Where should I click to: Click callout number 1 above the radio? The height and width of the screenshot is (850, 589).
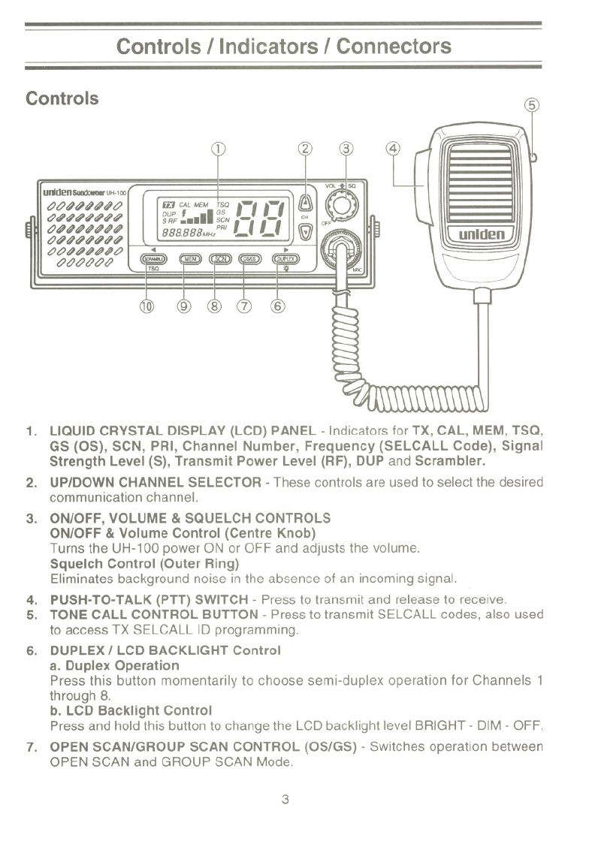[218, 148]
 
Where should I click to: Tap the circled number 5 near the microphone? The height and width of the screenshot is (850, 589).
[532, 105]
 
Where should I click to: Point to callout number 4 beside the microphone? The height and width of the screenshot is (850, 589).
[393, 148]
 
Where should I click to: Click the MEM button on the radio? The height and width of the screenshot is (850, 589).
[189, 259]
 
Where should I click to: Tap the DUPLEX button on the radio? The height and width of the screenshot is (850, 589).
[285, 259]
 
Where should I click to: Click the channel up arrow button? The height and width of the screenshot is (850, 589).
[306, 202]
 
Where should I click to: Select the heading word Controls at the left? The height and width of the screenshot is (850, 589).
[62, 98]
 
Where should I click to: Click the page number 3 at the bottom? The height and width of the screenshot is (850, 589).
[285, 799]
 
